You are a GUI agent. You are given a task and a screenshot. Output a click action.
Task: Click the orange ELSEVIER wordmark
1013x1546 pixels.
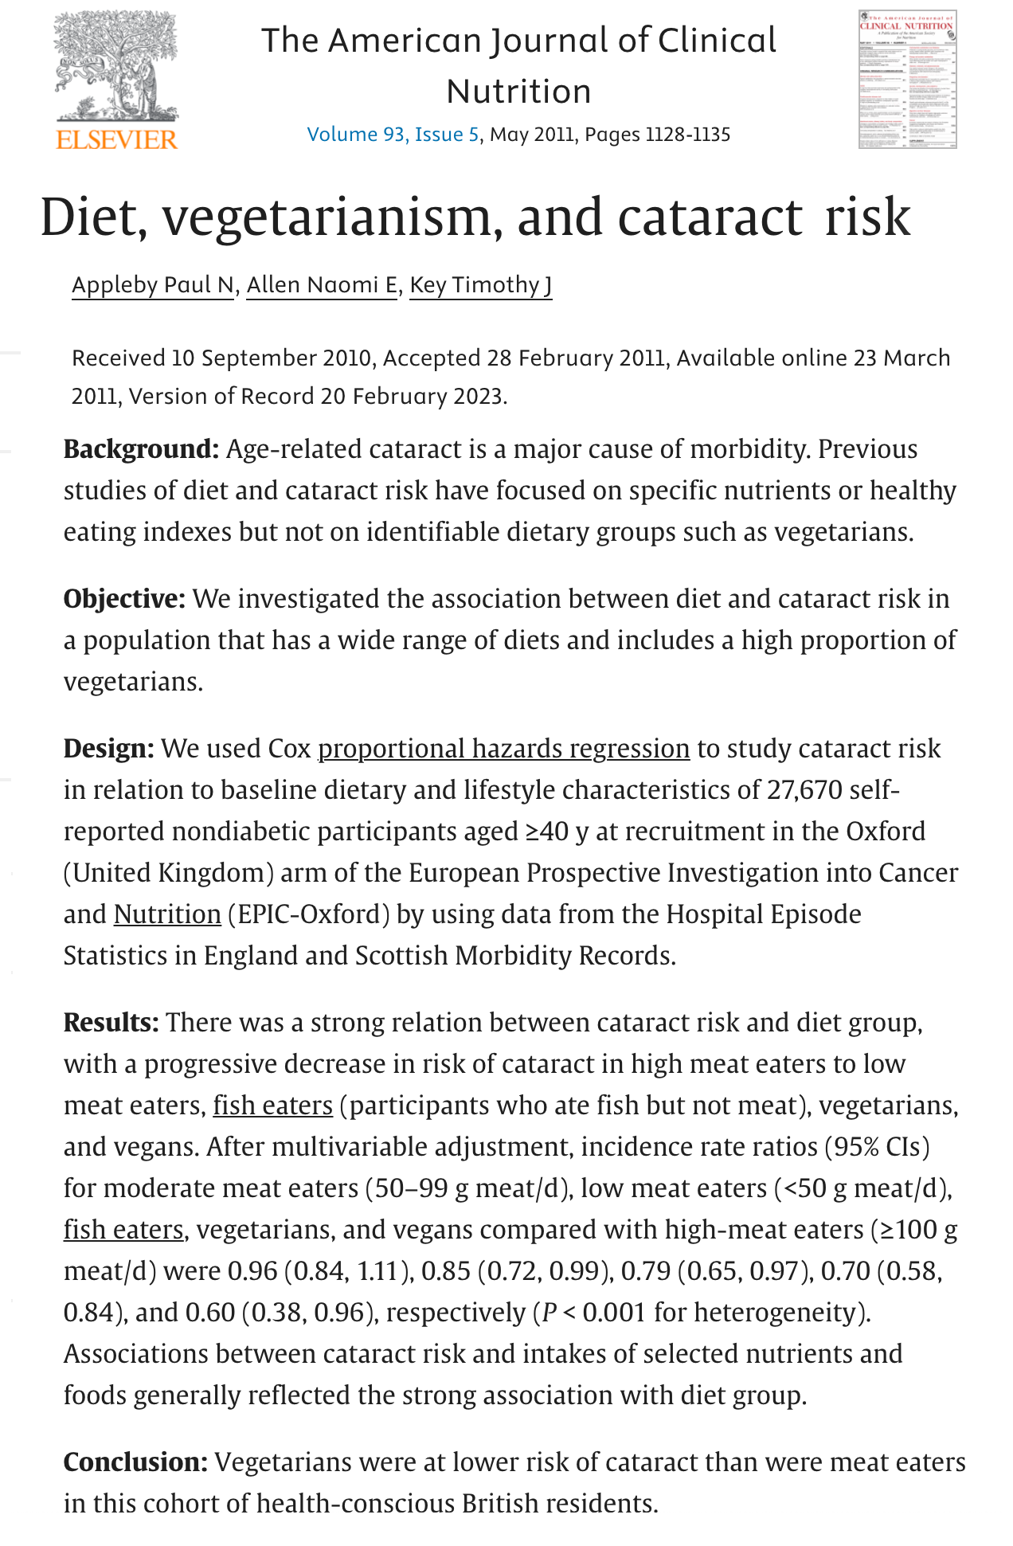pos(117,139)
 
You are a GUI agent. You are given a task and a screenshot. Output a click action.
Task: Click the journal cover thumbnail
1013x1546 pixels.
pos(907,80)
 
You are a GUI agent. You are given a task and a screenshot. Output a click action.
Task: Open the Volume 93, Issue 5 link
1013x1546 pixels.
pos(393,134)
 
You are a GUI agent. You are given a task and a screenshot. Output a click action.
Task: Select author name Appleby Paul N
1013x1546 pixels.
pos(153,284)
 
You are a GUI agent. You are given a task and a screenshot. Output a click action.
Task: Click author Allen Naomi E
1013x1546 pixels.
pos(322,284)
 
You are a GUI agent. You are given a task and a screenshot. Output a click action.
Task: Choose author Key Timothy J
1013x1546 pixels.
pos(481,284)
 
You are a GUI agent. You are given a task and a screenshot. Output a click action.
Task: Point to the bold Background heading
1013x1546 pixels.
pos(141,449)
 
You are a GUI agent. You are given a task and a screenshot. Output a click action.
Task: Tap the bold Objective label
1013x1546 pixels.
pos(124,599)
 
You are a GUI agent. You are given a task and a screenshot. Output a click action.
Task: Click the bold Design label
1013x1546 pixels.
pos(108,749)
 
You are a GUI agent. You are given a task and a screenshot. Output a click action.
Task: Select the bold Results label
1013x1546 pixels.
pos(111,1023)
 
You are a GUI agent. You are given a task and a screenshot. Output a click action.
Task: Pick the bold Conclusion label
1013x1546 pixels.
pos(135,1462)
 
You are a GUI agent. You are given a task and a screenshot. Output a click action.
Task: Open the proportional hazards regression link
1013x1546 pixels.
pos(503,749)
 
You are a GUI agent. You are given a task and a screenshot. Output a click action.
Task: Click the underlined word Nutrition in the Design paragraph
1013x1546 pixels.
pos(167,914)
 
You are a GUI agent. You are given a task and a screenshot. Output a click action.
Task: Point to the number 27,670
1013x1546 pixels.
pos(804,790)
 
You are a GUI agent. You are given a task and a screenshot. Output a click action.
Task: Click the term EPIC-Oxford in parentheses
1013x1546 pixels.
pos(309,914)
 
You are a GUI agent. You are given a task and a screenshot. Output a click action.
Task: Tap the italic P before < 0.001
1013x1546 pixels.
pos(549,1313)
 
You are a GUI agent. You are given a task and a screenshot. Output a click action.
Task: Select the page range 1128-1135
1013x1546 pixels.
pos(687,134)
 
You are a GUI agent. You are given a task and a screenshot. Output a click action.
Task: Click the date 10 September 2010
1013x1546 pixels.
pos(272,358)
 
